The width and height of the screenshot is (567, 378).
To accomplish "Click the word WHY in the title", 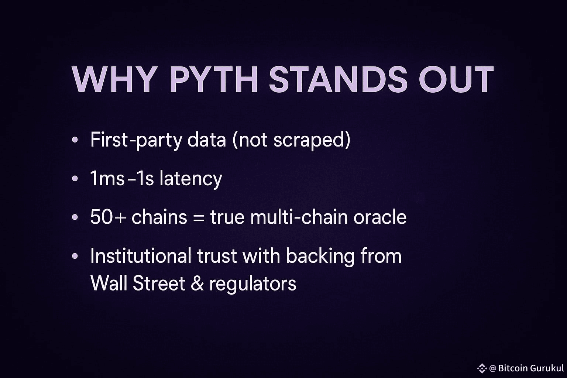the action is click(114, 79).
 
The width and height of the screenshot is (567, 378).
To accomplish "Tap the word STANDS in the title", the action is click(338, 79).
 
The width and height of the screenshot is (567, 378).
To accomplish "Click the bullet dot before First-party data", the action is click(75, 140).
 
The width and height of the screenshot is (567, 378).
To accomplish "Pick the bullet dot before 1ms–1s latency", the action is click(75, 178).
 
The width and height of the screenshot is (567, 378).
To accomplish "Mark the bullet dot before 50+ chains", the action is click(75, 217).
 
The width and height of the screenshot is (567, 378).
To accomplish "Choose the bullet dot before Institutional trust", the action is click(75, 256).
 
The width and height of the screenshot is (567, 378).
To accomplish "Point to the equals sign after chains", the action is click(199, 218).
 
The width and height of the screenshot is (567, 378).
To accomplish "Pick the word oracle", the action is click(380, 217).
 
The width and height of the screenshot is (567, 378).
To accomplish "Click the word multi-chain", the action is click(299, 217).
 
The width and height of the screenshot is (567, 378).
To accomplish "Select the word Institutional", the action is click(141, 256).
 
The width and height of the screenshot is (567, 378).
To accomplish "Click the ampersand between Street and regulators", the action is click(197, 283).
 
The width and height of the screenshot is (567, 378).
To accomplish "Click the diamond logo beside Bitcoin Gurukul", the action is click(482, 368).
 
